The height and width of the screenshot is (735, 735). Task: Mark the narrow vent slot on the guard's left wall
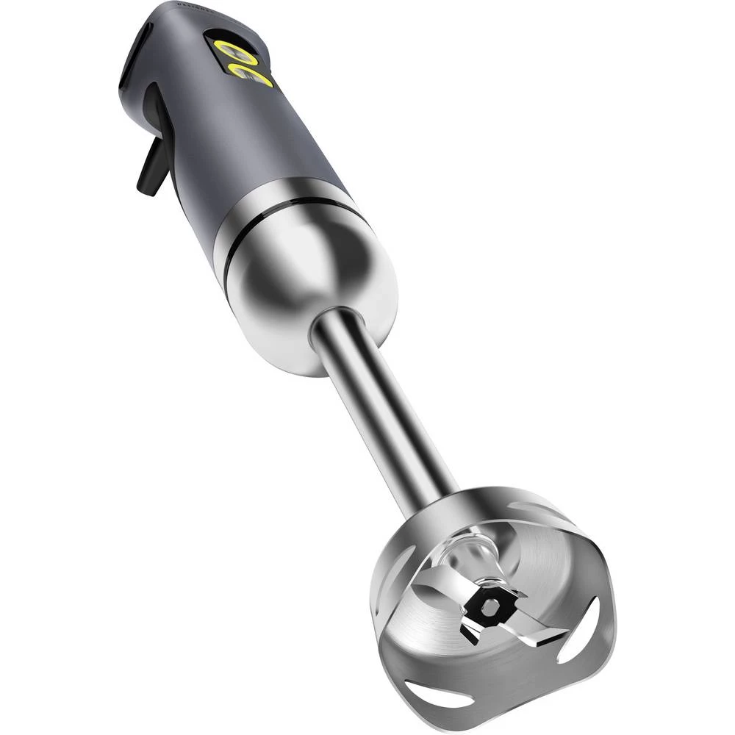(x=389, y=595)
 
